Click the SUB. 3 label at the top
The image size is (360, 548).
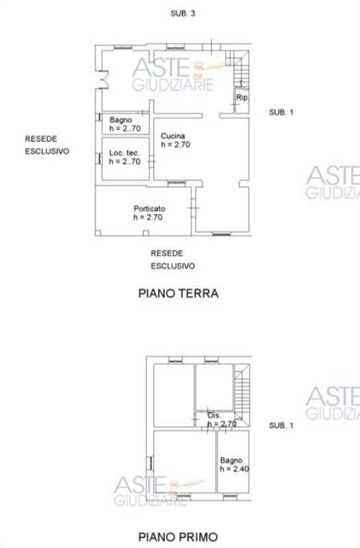183,13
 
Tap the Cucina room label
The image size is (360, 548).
172,136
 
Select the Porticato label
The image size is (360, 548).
149,209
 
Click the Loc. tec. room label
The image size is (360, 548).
125,153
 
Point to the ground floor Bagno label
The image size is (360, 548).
120,120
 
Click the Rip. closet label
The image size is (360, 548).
242,97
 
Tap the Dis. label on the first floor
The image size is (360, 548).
214,416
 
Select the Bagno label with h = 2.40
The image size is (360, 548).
231,460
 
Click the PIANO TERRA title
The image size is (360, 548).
179,293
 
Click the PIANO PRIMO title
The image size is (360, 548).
178,537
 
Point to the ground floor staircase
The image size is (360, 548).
239,68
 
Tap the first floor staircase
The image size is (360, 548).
242,392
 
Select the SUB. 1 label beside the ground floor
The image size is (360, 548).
281,112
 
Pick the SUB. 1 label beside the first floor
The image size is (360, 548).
281,425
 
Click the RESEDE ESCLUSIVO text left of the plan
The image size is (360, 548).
47,145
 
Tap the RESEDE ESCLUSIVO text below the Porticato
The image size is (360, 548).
172,260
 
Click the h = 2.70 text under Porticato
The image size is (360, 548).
148,217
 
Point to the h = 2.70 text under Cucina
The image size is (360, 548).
175,145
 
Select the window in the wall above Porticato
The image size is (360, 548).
177,182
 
